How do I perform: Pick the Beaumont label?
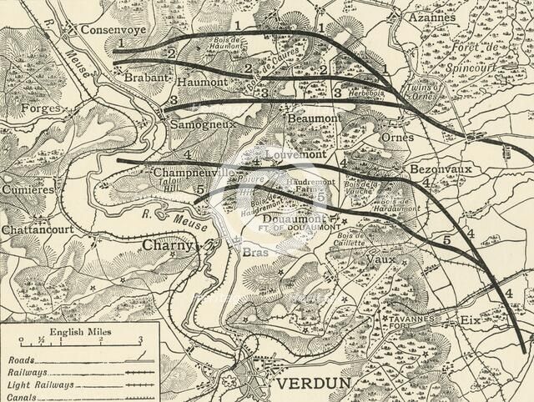click(x=314, y=119)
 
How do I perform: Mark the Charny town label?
click(x=167, y=246)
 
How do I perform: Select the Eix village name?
click(x=471, y=319)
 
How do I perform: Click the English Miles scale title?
click(x=74, y=331)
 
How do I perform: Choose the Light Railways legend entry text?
click(x=40, y=385)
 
